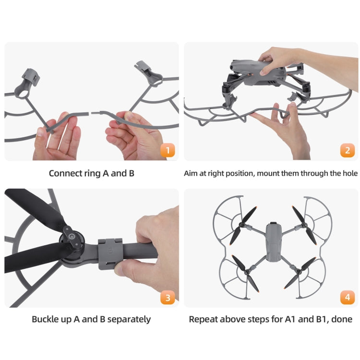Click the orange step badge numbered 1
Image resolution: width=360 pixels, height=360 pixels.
coord(167,151)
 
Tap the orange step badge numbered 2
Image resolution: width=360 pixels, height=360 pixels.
coord(348,151)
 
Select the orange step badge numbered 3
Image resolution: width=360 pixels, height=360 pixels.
coord(167,298)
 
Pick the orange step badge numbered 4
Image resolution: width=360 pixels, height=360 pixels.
coord(348,298)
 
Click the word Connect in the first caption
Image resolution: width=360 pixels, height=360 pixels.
coord(65,173)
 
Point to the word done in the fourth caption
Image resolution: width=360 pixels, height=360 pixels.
coord(342,319)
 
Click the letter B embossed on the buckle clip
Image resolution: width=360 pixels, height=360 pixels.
coord(110,250)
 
